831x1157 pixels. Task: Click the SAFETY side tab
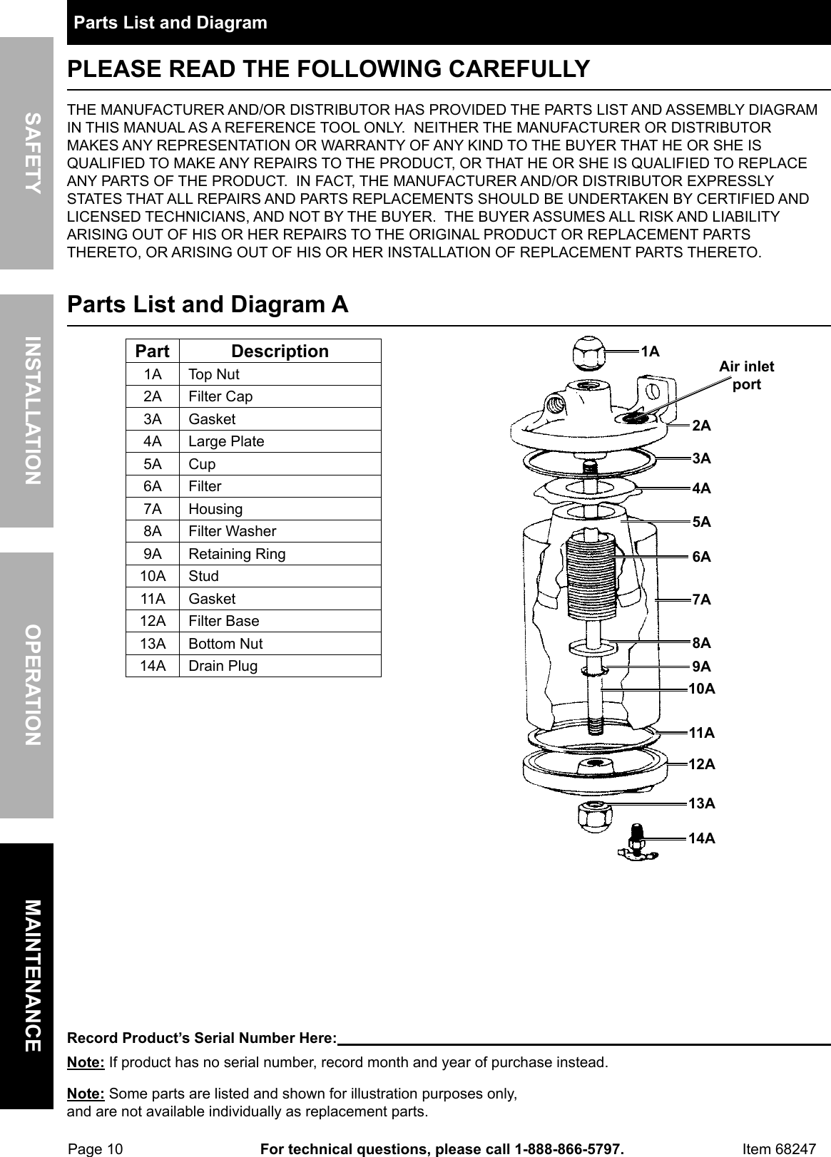click(26, 153)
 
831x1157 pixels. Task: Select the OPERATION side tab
click(26, 684)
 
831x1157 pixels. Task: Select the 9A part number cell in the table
click(152, 554)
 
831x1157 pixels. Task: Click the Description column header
click(280, 351)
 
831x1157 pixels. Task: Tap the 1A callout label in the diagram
click(650, 351)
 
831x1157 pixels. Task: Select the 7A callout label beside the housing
click(701, 599)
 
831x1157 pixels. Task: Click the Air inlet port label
click(746, 376)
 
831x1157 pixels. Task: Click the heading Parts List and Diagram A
click(208, 304)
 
